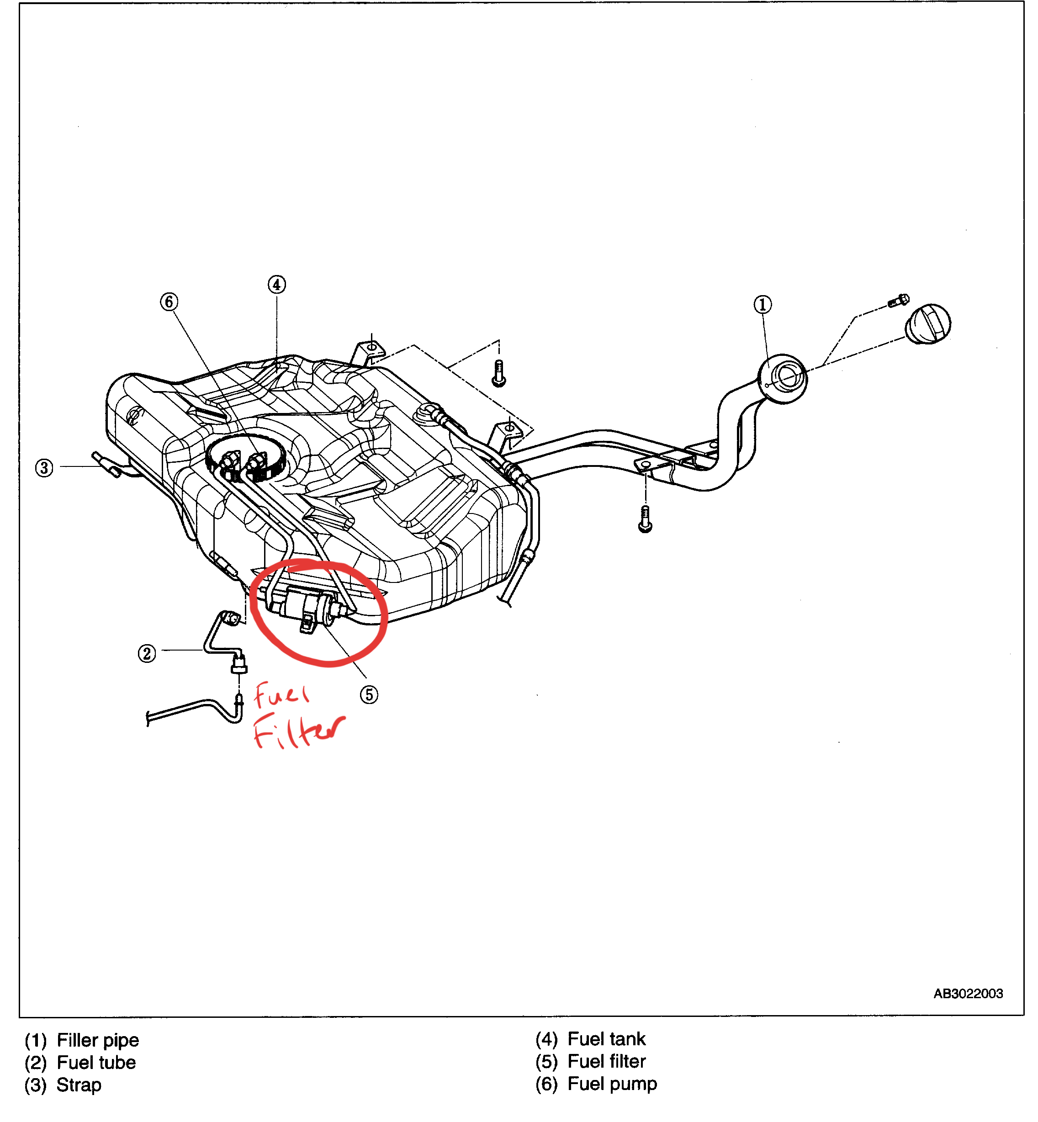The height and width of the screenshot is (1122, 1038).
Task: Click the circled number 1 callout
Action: [x=762, y=304]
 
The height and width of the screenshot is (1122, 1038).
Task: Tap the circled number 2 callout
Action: [x=147, y=653]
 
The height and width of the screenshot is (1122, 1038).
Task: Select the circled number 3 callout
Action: [x=44, y=468]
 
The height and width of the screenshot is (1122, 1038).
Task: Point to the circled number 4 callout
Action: [x=276, y=284]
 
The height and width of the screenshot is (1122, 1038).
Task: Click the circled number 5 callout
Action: [x=369, y=695]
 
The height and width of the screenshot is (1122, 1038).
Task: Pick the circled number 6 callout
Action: [x=169, y=302]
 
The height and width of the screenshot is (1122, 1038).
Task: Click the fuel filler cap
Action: [x=928, y=324]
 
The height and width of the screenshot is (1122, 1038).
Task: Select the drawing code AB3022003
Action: [x=968, y=994]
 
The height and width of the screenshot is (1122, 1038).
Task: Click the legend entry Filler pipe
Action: [x=98, y=1040]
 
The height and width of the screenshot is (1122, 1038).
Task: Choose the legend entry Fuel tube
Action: [x=96, y=1063]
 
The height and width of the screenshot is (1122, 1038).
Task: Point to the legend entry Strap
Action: [x=79, y=1085]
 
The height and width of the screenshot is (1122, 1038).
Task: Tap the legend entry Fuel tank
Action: [x=606, y=1039]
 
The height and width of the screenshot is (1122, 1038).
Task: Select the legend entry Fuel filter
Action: [x=606, y=1061]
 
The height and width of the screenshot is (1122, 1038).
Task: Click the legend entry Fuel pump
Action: [x=612, y=1084]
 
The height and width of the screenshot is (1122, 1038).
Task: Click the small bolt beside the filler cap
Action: [x=899, y=301]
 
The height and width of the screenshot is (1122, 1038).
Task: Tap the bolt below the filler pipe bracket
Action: [x=646, y=519]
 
